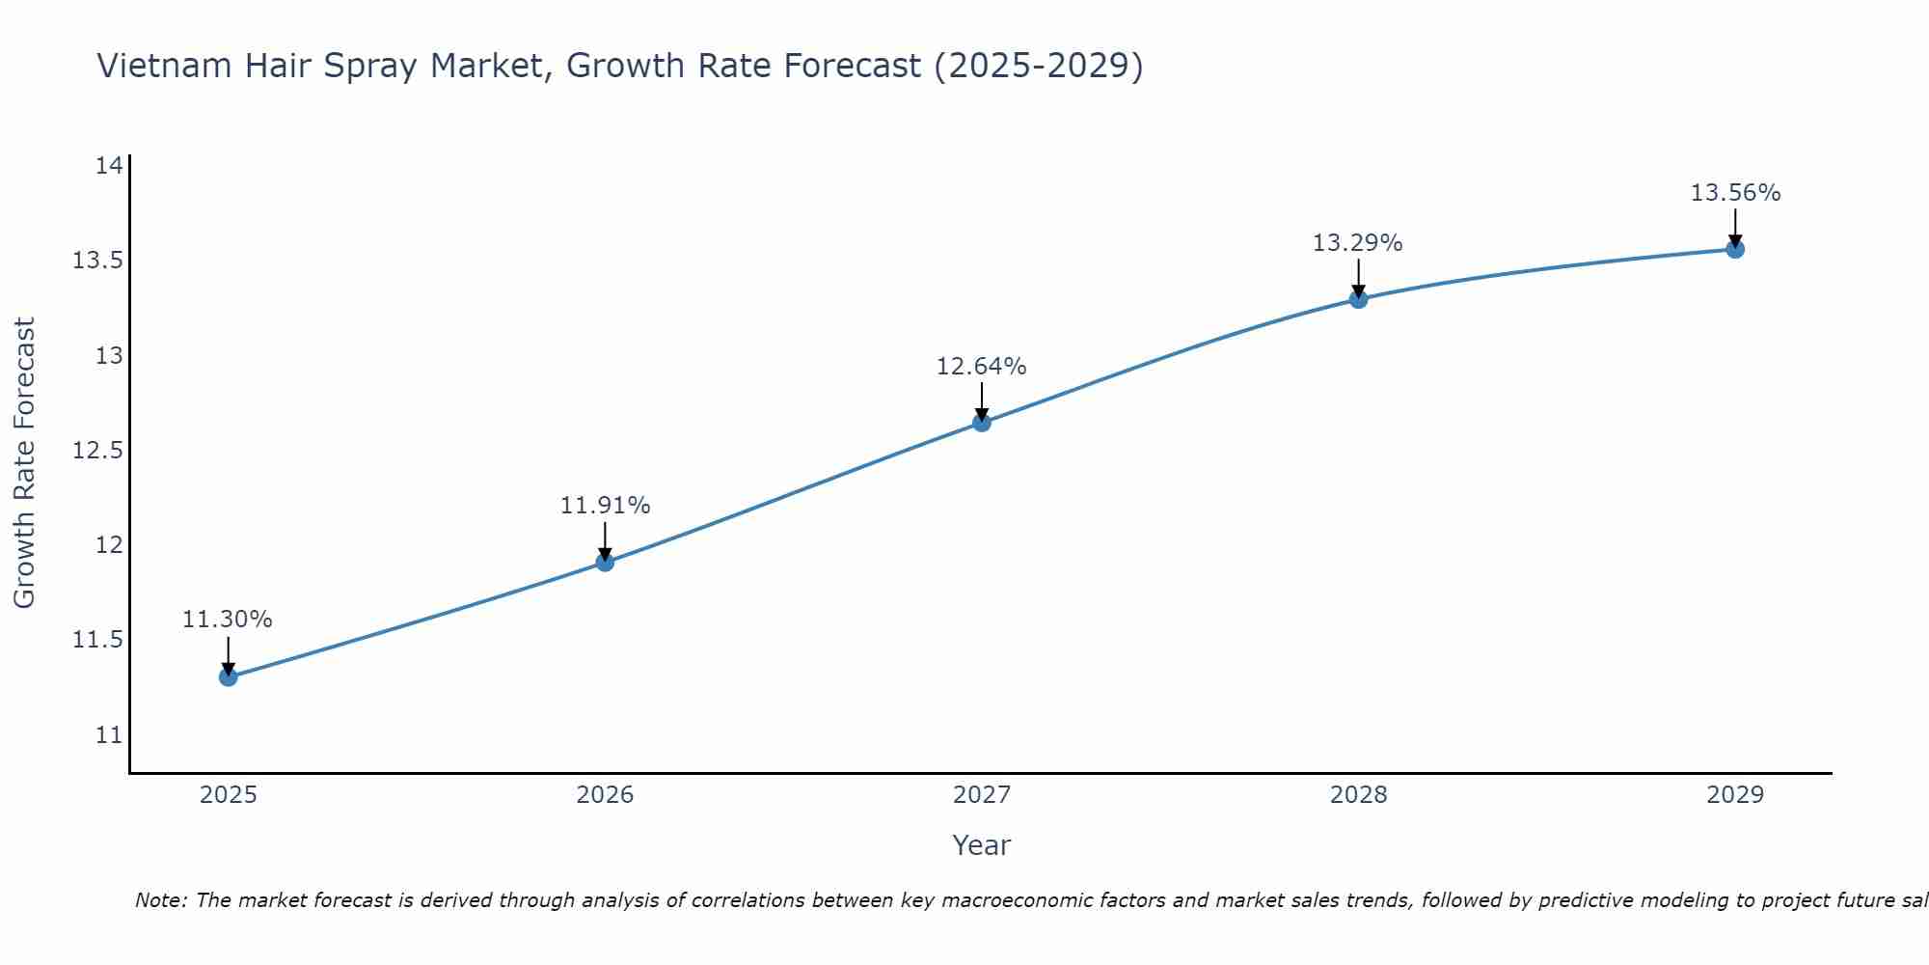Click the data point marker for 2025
228,676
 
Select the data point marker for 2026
605,562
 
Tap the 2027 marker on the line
982,422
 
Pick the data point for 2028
1358,298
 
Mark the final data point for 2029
1735,249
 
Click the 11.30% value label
228,620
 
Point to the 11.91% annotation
605,506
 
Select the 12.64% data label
982,367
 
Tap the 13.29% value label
1358,243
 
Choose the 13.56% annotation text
1735,193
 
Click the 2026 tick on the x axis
605,795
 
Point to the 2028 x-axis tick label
1358,795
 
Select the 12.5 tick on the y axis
97,451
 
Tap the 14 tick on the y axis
109,166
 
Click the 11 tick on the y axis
109,735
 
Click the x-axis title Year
981,845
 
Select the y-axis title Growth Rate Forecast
24,462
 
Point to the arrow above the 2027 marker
982,400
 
